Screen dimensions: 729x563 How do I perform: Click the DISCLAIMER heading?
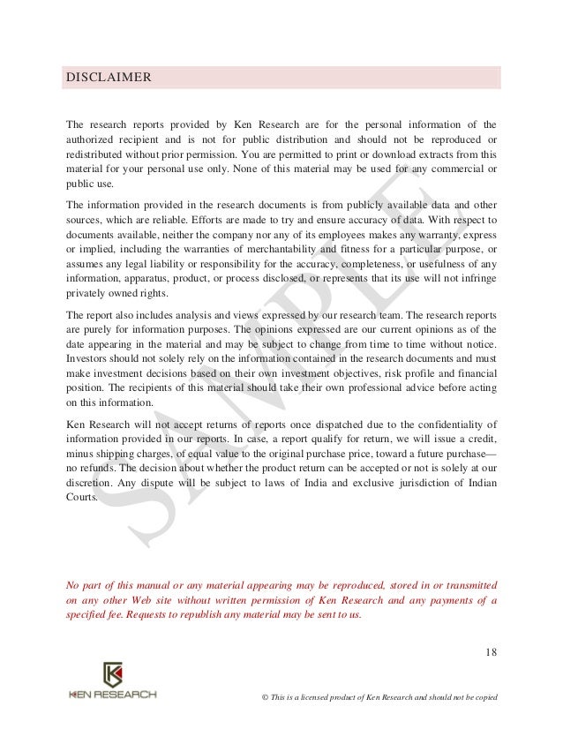(x=110, y=77)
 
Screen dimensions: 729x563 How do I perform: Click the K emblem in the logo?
(x=112, y=676)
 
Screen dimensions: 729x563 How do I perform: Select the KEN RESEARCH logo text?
(x=112, y=695)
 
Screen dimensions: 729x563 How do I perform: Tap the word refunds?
(x=101, y=469)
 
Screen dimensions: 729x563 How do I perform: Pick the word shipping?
(x=117, y=454)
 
